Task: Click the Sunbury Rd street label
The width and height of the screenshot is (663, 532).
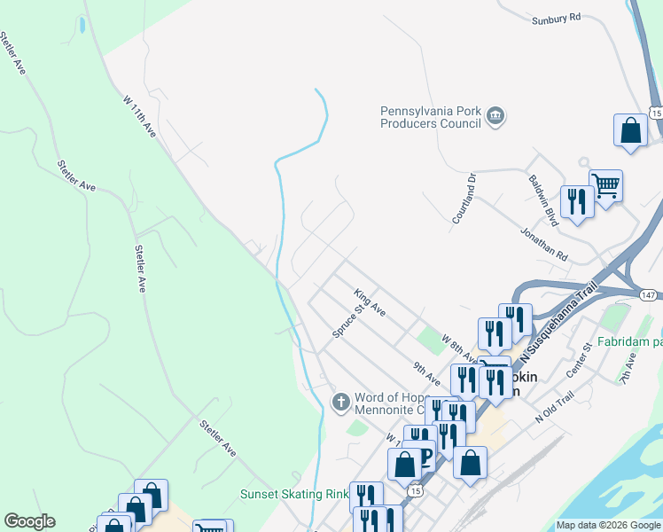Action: [556, 18]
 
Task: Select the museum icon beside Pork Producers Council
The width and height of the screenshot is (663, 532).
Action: [495, 116]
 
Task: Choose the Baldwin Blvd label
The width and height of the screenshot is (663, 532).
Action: [542, 199]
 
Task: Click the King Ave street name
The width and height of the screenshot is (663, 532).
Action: [370, 302]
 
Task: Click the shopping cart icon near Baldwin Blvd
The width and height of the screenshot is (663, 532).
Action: [606, 186]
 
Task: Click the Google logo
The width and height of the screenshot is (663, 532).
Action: [29, 521]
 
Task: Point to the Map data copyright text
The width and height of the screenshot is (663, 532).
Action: [608, 525]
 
